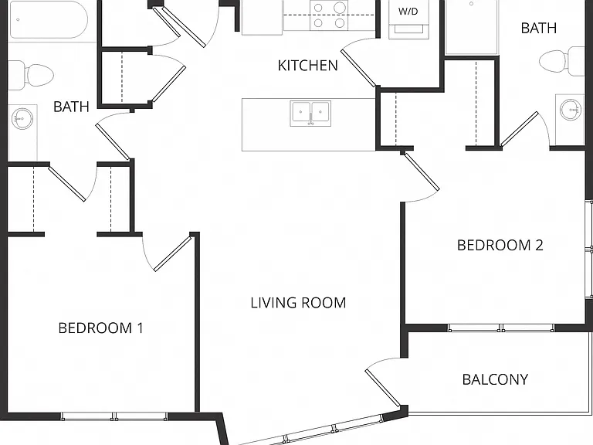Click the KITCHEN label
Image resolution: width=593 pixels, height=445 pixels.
307,66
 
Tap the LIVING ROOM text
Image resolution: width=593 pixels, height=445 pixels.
298,303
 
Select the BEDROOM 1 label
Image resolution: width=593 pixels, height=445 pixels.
101,328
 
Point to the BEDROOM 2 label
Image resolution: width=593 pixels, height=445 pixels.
500,245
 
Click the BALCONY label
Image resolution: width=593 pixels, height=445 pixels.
495,379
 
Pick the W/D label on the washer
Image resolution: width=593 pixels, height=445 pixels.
408,12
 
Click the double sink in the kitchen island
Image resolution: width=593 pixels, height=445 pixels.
310,114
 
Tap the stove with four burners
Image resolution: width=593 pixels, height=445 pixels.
330,15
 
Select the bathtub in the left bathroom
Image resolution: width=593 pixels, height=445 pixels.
49,19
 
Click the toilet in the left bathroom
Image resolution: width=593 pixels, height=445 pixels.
31,75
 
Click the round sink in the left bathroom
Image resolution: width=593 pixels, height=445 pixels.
22,118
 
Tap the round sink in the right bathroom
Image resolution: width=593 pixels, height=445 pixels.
570,110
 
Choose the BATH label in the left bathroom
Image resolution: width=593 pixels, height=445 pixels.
71,107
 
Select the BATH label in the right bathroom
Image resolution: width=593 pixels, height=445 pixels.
538,28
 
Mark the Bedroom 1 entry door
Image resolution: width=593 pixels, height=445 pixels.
168,253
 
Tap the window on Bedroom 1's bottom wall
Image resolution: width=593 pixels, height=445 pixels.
114,416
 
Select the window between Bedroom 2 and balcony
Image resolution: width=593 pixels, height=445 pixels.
501,328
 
